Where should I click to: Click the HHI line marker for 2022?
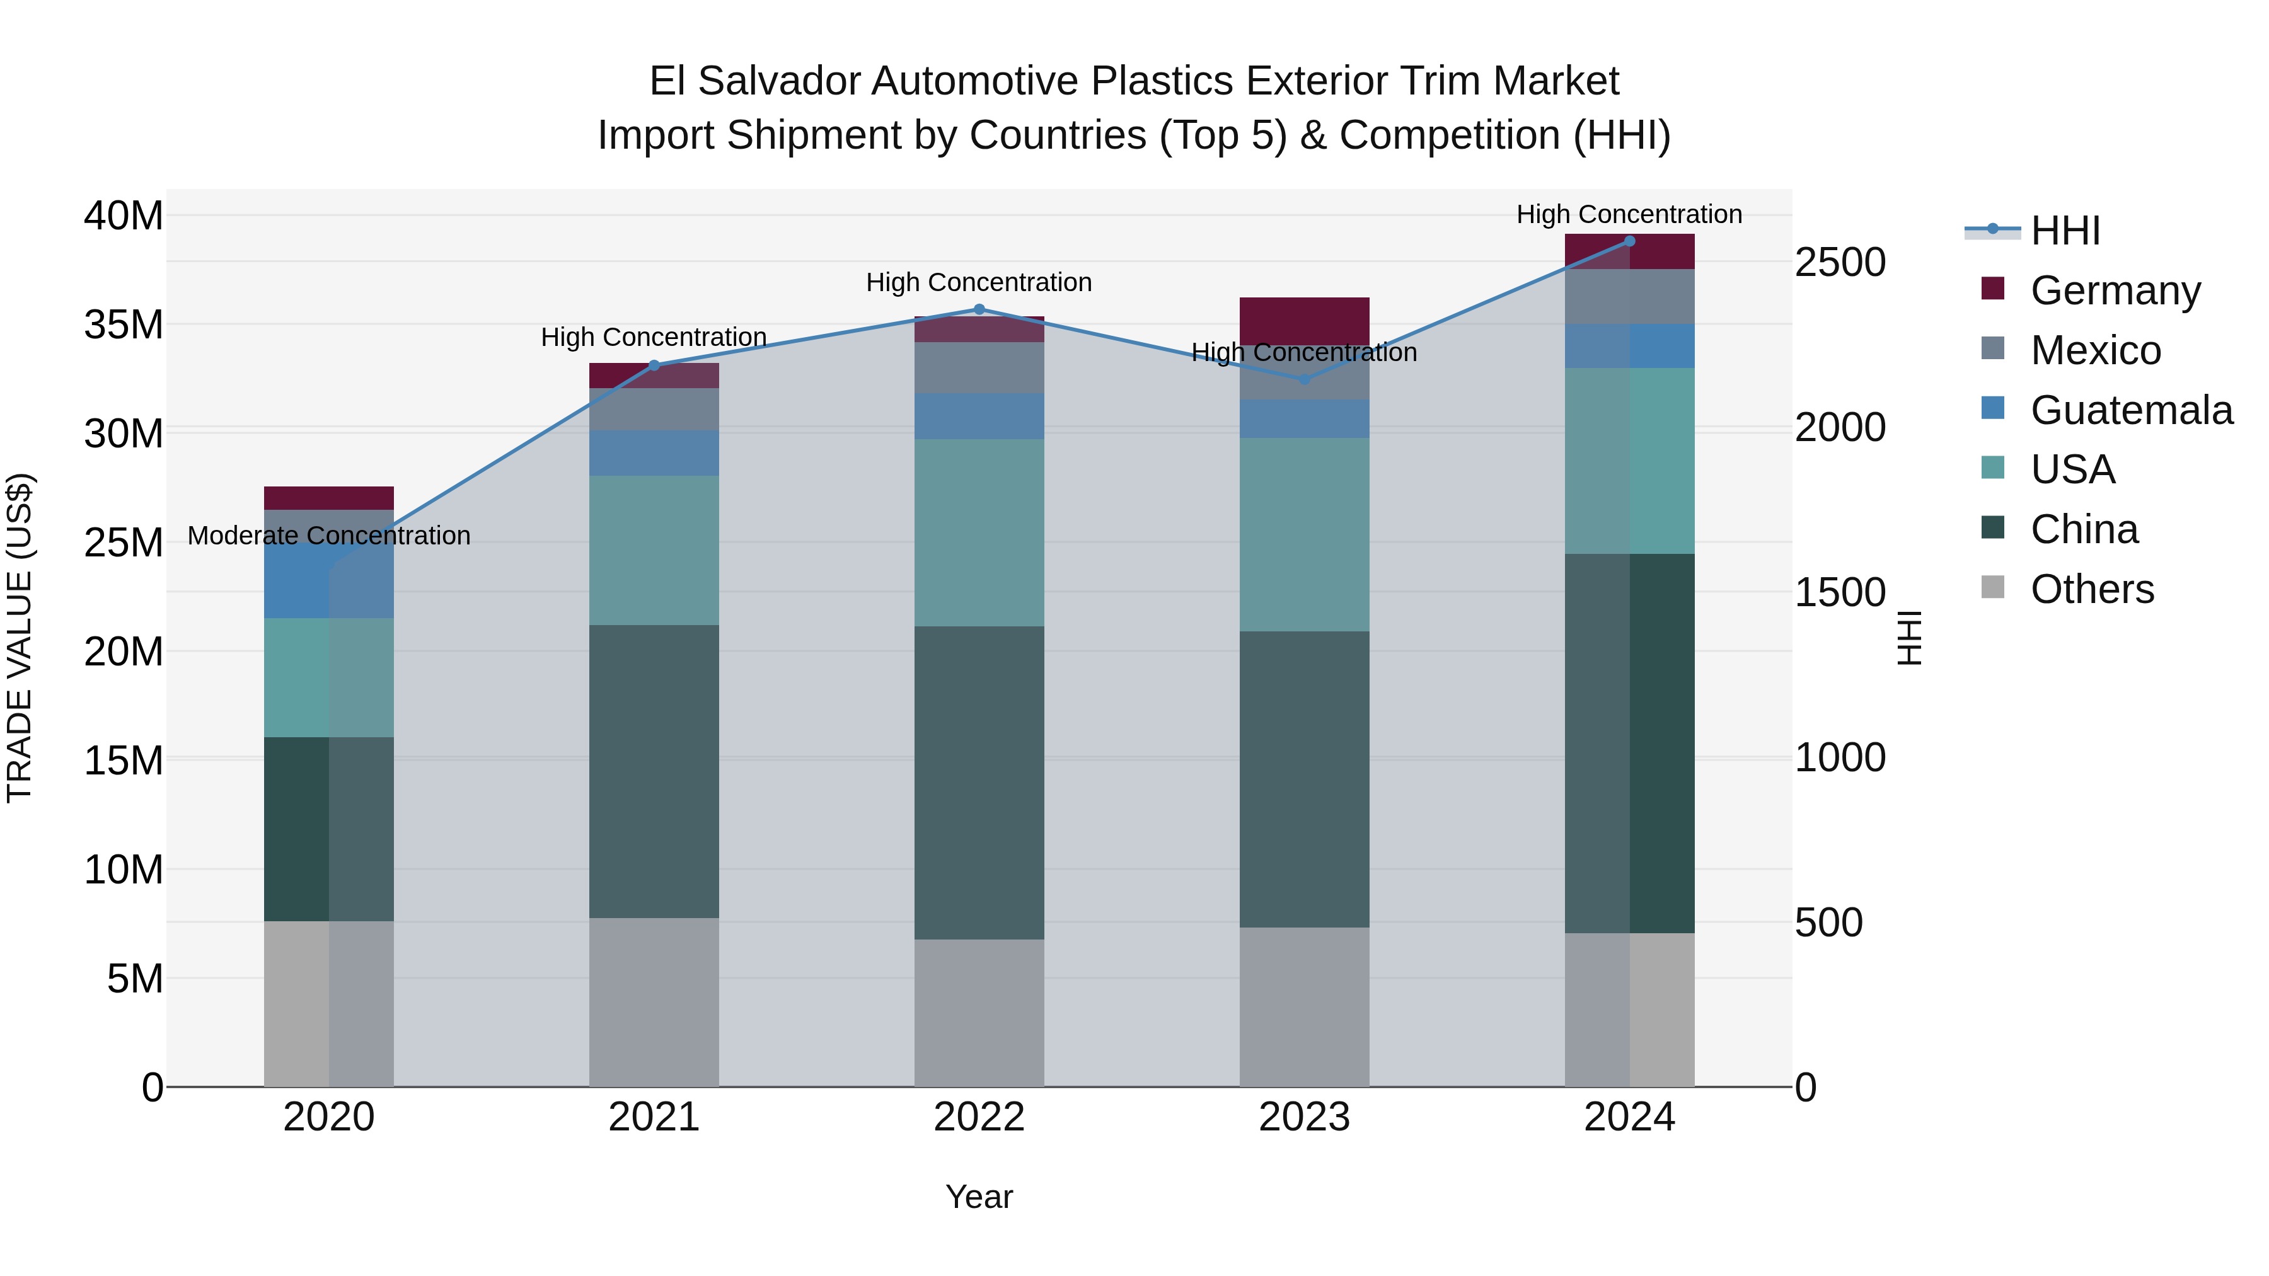click(979, 310)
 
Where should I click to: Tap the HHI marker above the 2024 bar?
click(1629, 241)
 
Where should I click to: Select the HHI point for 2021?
click(654, 365)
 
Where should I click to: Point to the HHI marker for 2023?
click(1305, 379)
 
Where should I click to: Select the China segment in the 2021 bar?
click(654, 771)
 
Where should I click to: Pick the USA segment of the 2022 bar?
click(979, 532)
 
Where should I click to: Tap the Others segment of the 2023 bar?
click(1305, 1006)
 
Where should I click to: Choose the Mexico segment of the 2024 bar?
click(1629, 297)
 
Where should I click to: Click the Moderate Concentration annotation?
click(328, 536)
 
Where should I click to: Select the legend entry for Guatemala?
click(2131, 410)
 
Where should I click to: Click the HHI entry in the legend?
click(2065, 231)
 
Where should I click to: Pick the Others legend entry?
click(2091, 589)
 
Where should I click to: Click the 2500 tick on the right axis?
click(1840, 262)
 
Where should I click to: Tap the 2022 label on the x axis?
click(979, 1117)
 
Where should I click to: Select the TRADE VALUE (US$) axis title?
click(20, 638)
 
